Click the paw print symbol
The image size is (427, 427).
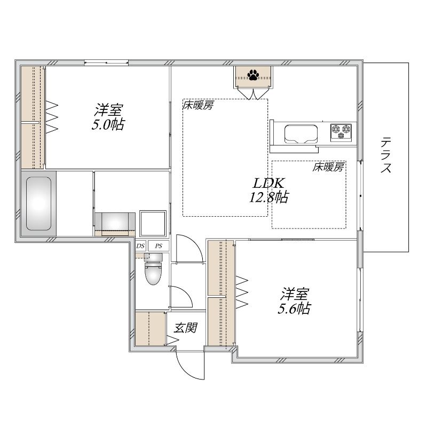point(253,75)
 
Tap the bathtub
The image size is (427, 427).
point(38,203)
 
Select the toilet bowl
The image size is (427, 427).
point(153,270)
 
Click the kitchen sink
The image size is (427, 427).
point(301,135)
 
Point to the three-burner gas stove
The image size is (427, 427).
point(341,132)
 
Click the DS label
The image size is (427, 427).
point(140,246)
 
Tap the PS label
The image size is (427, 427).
point(159,246)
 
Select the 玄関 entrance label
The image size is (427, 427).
point(185,328)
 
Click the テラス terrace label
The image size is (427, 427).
point(385,155)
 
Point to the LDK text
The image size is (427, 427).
point(269,183)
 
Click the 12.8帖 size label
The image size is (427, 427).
point(269,197)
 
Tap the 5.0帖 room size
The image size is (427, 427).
point(108,124)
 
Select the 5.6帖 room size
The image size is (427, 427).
point(294,309)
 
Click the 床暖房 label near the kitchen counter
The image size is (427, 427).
point(328,167)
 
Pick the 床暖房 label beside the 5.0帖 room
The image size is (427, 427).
point(198,105)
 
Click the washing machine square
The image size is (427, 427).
point(153,223)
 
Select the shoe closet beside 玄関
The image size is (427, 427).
point(151,329)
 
